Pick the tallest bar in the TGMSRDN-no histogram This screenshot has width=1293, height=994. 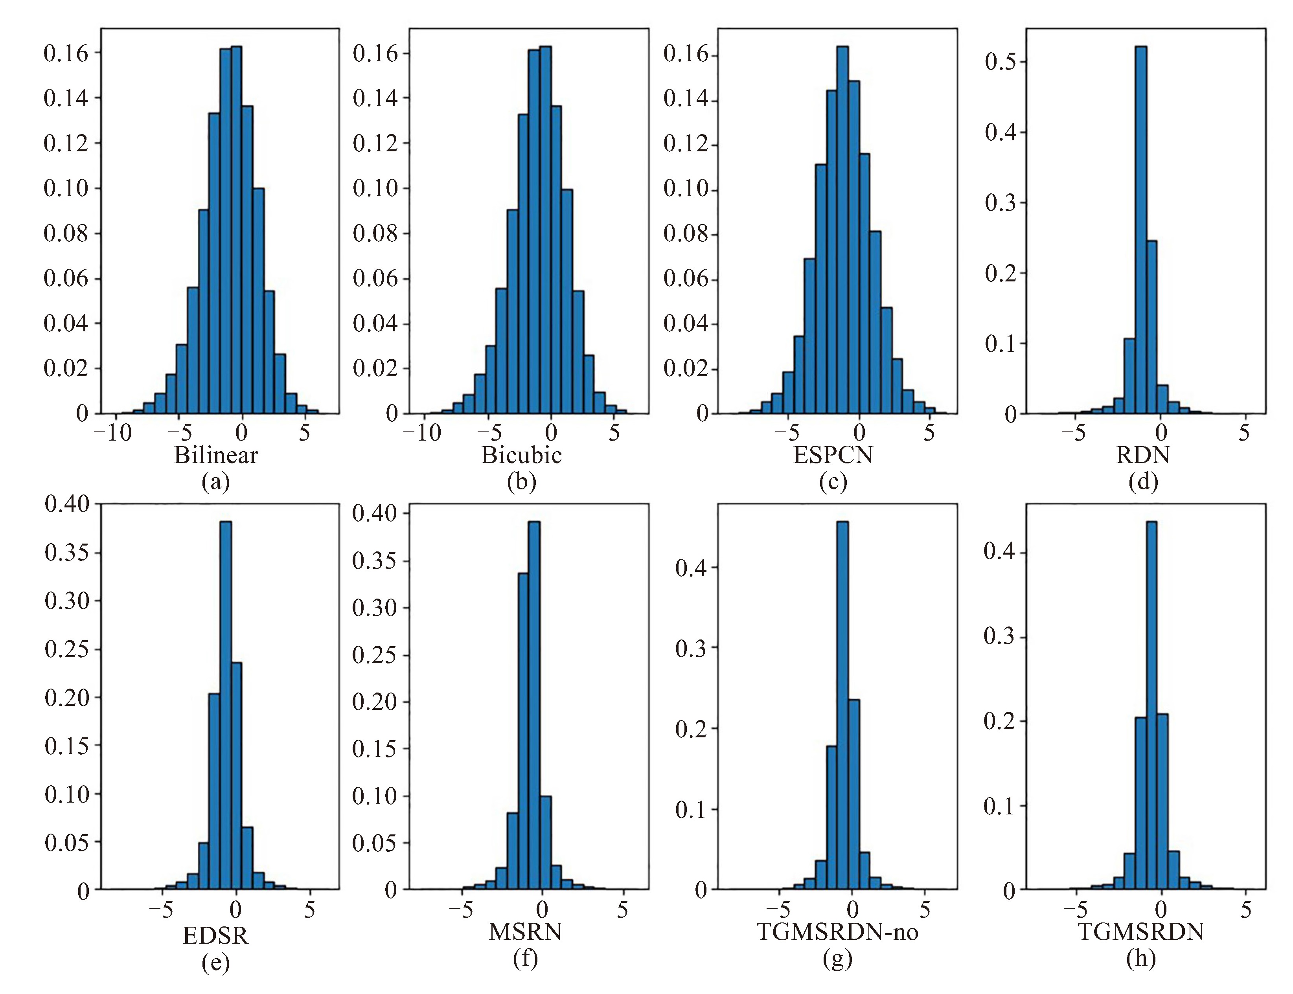[842, 704]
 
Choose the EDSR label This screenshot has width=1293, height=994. [216, 935]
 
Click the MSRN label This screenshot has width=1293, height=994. [525, 932]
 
